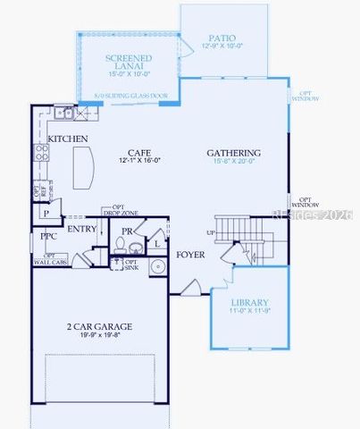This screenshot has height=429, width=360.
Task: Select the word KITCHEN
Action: (x=68, y=139)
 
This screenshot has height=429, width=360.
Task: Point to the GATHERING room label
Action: (x=233, y=153)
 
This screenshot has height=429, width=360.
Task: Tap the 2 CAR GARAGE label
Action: (x=100, y=327)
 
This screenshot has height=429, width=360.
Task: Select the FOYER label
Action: (x=190, y=255)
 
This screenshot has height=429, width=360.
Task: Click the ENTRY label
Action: (x=81, y=230)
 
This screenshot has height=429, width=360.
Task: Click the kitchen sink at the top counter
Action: (x=63, y=114)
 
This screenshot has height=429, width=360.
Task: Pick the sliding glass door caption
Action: (x=130, y=95)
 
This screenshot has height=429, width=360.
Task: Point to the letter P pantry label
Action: (x=46, y=214)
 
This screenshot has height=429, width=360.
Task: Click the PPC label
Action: (x=48, y=237)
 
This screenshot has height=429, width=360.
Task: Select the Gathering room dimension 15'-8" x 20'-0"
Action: (x=234, y=162)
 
